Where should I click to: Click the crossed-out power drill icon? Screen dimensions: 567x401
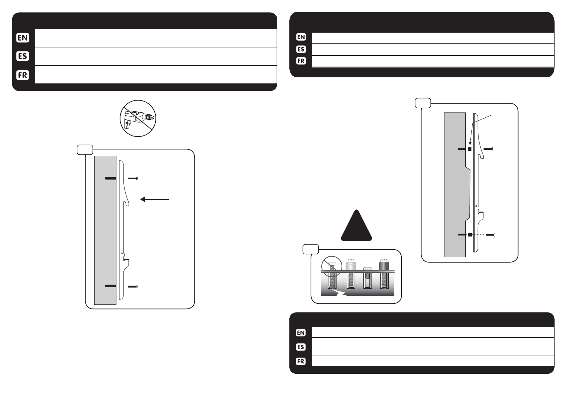click(x=138, y=118)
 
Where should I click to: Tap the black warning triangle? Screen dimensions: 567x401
click(x=356, y=225)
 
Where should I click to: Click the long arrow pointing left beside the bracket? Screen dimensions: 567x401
click(x=154, y=199)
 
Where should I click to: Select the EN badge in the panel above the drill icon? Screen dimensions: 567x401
click(x=23, y=38)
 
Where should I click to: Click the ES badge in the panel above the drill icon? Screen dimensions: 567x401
click(x=23, y=56)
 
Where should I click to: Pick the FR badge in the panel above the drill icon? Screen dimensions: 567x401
click(x=23, y=75)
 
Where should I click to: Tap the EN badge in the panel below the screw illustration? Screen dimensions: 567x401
click(x=301, y=333)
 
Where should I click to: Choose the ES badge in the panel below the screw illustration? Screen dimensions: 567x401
click(x=301, y=347)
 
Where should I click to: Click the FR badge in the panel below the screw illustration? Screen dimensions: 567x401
click(x=301, y=361)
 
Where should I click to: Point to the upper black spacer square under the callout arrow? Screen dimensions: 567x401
click(x=469, y=149)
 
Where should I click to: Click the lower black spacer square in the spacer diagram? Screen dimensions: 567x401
click(x=470, y=235)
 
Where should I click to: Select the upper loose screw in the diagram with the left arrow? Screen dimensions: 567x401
click(x=133, y=178)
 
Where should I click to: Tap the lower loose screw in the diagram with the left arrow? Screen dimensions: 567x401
click(x=133, y=286)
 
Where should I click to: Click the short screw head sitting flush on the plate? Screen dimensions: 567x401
click(x=367, y=269)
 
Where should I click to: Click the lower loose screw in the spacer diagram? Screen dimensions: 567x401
click(x=491, y=235)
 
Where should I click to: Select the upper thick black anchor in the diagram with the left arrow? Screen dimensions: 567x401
click(x=111, y=178)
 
